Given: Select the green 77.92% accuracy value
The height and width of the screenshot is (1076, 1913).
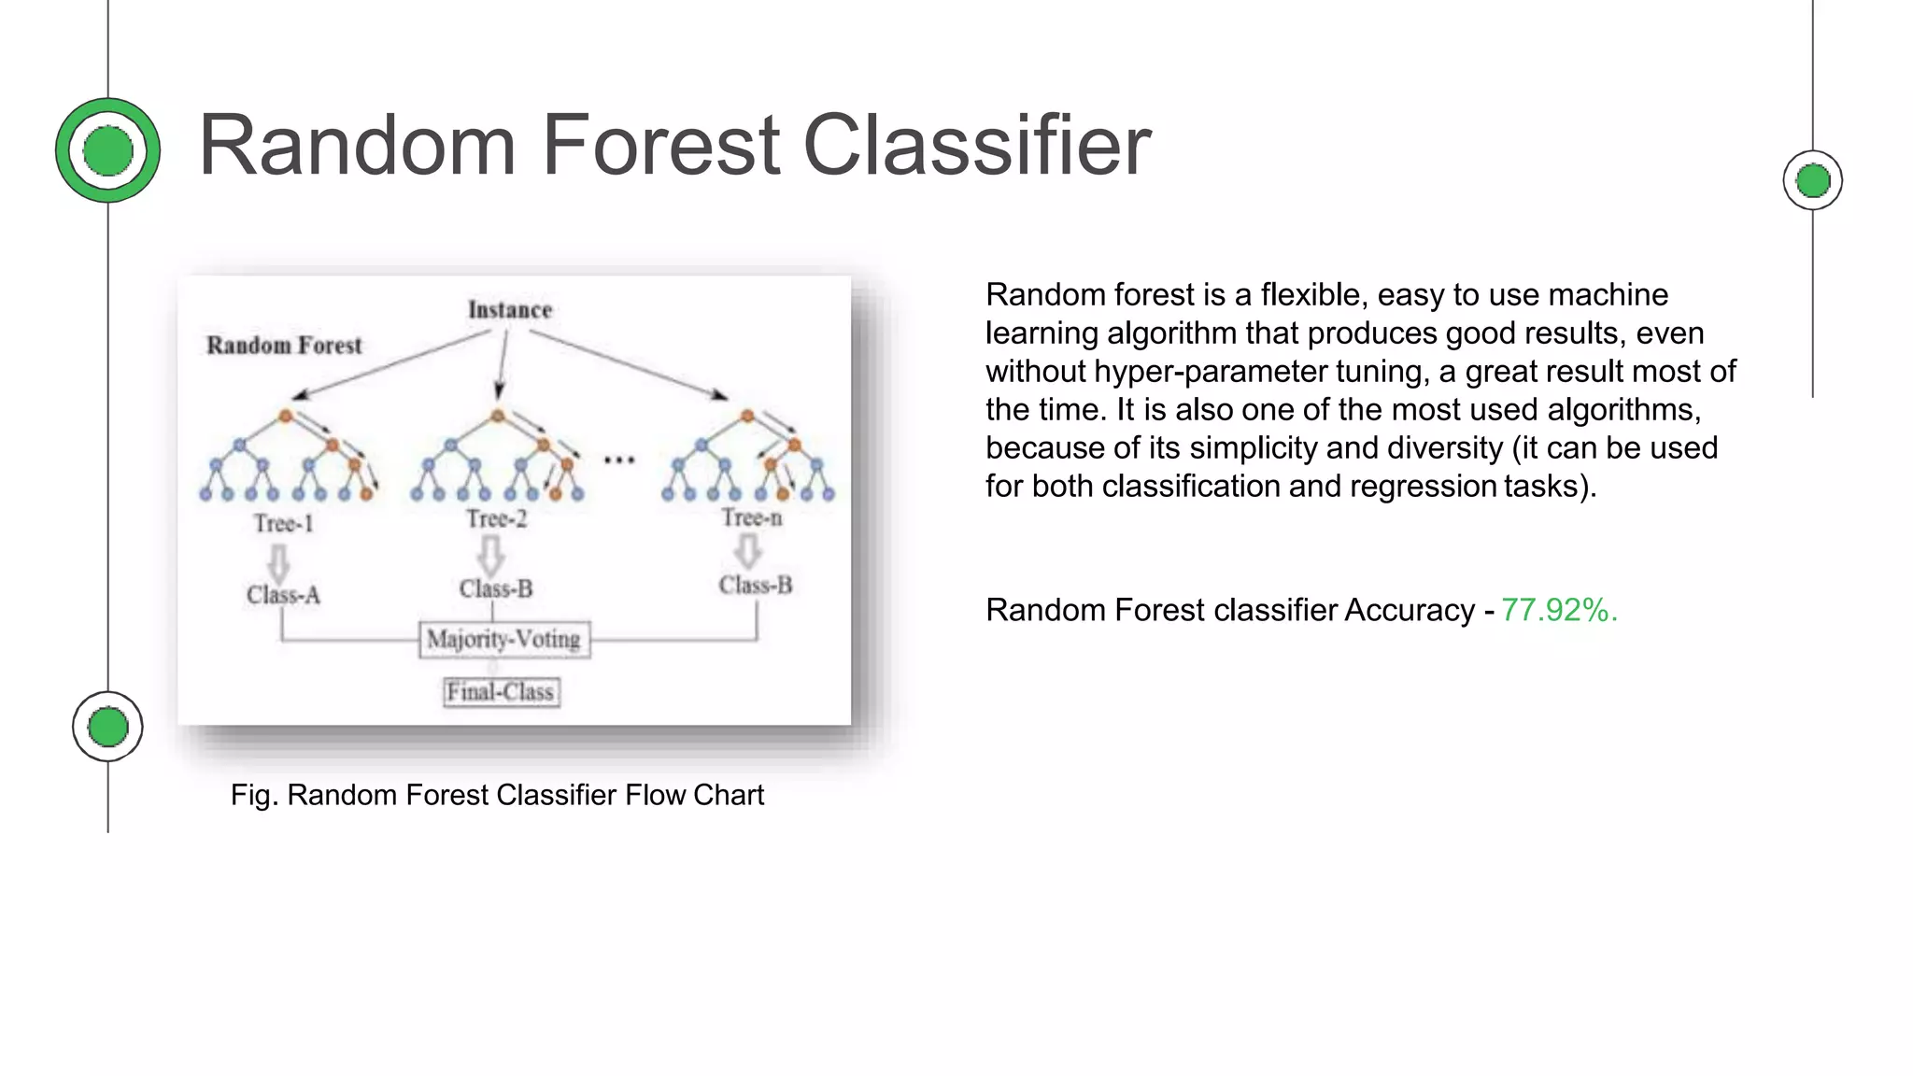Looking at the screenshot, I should click(1558, 610).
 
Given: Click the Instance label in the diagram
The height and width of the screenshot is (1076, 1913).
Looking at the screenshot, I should click(510, 310).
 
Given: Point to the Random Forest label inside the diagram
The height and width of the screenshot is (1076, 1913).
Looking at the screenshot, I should click(284, 346).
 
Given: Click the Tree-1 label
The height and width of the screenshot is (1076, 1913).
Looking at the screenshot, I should click(283, 523).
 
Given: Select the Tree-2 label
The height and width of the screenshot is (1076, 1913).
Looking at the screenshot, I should click(496, 519).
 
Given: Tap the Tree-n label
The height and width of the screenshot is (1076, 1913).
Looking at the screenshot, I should click(752, 517).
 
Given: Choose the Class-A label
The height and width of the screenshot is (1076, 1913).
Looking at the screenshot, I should click(283, 595).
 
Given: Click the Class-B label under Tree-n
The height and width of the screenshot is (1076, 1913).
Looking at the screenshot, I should click(756, 586).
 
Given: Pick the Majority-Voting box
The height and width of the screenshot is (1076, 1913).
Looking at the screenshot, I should click(504, 640).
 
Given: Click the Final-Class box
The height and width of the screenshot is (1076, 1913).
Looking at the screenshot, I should click(501, 692).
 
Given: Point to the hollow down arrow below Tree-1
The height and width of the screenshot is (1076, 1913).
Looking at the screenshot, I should click(278, 562).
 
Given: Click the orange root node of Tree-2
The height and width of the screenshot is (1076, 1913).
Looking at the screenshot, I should click(498, 417).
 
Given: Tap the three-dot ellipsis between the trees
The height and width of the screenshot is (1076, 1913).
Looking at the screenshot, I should click(618, 460).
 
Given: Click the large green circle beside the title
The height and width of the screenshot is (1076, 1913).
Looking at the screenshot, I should click(108, 150).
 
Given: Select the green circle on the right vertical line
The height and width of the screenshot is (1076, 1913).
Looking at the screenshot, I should click(1812, 180).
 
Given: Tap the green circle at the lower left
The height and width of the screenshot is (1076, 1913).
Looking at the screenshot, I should click(107, 727).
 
